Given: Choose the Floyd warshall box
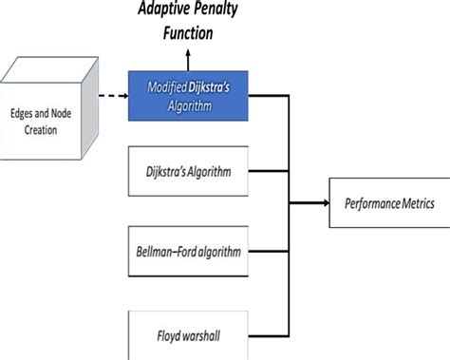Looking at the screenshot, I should click(189, 333).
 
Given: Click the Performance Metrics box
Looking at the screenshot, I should click(389, 203).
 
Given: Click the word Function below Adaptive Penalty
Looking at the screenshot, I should click(186, 33).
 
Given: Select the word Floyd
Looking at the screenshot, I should click(166, 333).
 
